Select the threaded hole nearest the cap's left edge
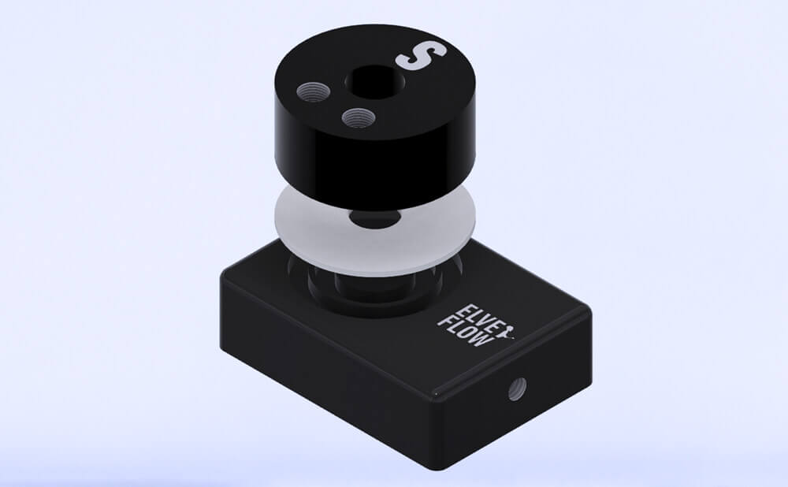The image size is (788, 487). tap(313, 92)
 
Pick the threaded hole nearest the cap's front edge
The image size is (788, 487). tap(359, 118)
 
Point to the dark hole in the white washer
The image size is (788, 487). tap(375, 218)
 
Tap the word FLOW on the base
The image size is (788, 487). tap(464, 331)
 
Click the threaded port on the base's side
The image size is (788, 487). tap(518, 388)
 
